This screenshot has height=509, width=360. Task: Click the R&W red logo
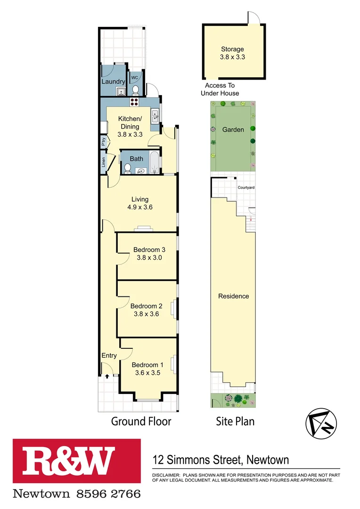[77, 462]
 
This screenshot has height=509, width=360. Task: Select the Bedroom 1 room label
[147, 365]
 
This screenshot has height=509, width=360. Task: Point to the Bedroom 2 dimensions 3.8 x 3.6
[147, 313]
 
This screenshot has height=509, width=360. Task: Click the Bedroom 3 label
[149, 249]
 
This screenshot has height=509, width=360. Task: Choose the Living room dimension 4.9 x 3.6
[139, 207]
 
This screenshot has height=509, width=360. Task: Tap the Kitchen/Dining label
[129, 123]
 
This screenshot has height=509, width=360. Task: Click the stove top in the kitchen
[134, 102]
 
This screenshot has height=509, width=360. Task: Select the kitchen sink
[155, 115]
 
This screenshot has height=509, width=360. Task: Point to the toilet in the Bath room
[127, 169]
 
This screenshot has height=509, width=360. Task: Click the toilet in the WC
[135, 90]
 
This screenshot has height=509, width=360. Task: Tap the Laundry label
[113, 82]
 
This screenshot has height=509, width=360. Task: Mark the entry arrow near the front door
[107, 376]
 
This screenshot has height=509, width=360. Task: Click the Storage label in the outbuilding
[233, 49]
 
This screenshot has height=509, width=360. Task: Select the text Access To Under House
[220, 89]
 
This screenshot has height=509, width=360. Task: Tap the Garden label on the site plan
[233, 129]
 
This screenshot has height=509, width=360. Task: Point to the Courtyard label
[246, 188]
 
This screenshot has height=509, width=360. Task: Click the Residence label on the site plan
[233, 296]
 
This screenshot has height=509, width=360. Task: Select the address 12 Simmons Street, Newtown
[221, 460]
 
